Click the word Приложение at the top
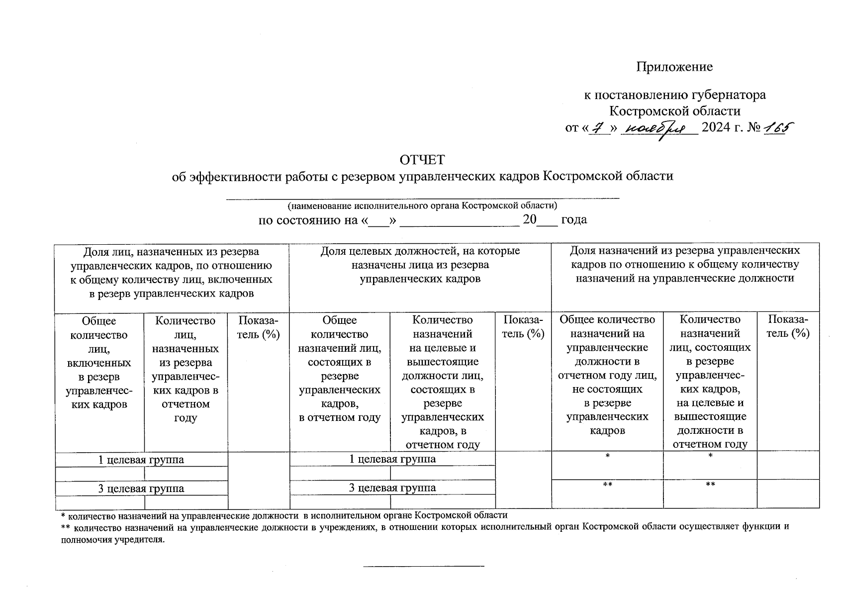pos(674,67)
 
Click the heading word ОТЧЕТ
pos(422,160)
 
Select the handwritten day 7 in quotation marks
pos(599,128)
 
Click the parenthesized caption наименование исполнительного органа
pos(422,205)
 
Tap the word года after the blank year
pos(574,219)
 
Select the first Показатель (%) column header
pos(258,327)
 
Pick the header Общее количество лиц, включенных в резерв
pos(99,362)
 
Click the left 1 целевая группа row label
pos(141,460)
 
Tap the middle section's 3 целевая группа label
pos(392,488)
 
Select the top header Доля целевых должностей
pos(420,265)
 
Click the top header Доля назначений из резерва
pos(685,264)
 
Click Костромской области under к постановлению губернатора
pos(674,111)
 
